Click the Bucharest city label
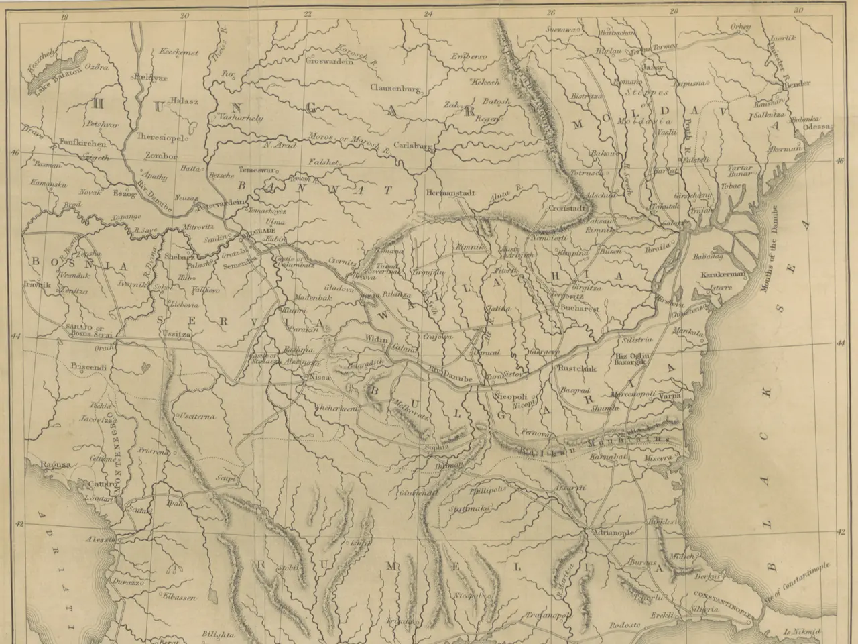pos(580,310)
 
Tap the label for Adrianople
pos(611,533)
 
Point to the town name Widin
pos(377,340)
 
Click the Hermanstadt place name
pos(450,193)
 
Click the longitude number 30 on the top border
pos(798,11)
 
